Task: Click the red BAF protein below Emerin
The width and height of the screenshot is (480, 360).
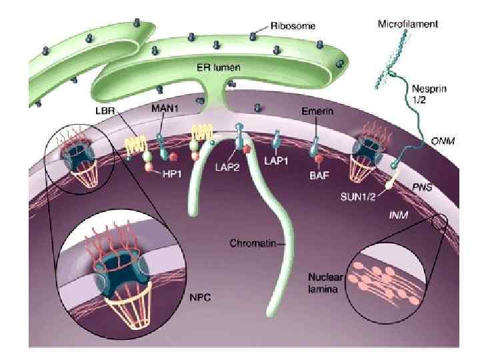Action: pos(319,159)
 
